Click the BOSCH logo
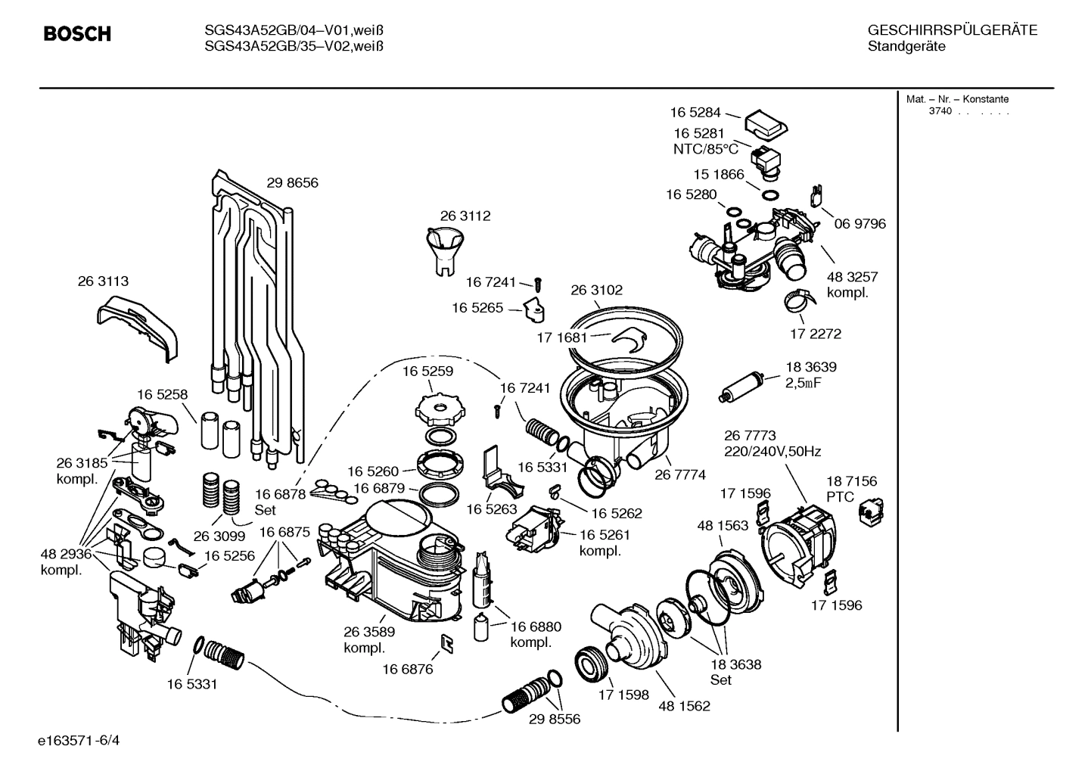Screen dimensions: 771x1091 coord(77,34)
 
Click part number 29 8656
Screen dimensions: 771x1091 coord(292,183)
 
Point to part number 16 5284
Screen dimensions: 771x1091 coord(695,113)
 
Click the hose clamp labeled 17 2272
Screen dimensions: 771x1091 coord(799,303)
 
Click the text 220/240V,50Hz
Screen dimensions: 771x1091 coord(772,452)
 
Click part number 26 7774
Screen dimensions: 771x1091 coord(679,475)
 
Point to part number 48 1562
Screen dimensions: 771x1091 coord(684,706)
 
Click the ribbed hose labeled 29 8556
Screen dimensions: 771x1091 coord(527,694)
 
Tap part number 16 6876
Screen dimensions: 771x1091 coord(407,669)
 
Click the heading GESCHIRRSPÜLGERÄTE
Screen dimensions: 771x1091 coord(952,31)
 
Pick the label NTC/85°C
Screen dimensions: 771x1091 coord(705,150)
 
